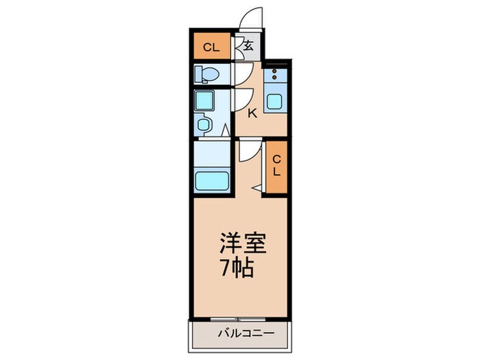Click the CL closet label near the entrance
[211, 48]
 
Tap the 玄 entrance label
[248, 47]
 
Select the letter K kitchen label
[252, 113]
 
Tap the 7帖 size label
[237, 267]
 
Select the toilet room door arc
[242, 74]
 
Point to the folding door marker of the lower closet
[257, 187]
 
